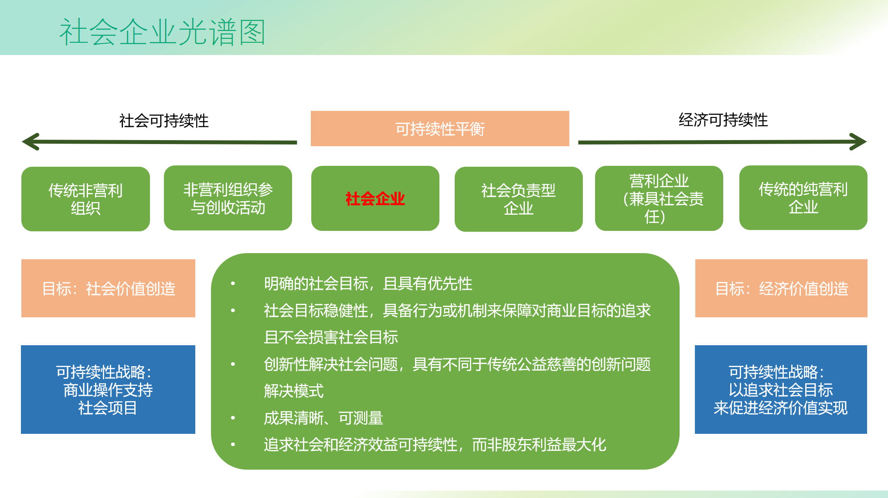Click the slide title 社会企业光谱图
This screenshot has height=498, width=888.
coord(162,32)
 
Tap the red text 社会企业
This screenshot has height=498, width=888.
coord(375,199)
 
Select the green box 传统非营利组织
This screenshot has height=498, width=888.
coord(85,199)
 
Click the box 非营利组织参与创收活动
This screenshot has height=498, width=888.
coord(228,198)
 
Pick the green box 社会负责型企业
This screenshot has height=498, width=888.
coord(518,199)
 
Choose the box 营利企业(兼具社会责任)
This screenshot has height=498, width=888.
coord(659,199)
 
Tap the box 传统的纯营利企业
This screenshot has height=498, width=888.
coord(803,198)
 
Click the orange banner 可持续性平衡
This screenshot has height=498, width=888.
coord(440,129)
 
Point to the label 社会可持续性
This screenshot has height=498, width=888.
coord(164,121)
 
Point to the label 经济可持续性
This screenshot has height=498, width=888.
coord(723,120)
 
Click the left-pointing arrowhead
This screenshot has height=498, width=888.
coord(31,142)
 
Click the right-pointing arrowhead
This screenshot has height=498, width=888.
coord(858,142)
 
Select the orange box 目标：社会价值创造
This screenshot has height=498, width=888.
coord(108,288)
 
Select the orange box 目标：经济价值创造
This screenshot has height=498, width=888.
coord(781,288)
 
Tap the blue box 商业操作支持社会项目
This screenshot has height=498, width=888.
coord(108,390)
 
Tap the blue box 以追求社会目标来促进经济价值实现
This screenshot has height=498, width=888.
coord(781,390)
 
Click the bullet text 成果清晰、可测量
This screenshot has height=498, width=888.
coord(323,418)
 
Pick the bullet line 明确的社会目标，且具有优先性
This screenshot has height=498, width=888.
coord(368,284)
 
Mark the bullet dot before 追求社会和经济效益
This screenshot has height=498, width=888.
coord(233,445)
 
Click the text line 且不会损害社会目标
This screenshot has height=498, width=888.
coord(330,337)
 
